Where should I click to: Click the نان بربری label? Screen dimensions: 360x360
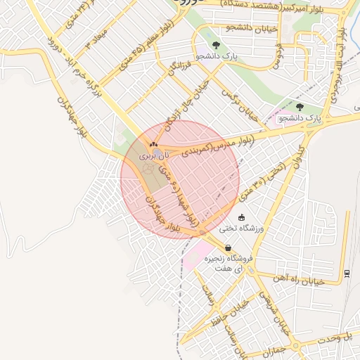pyautogui.click(x=150, y=155)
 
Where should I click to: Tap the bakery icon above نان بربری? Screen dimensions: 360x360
pyautogui.click(x=153, y=144)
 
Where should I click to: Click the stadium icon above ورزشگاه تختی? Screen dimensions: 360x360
pyautogui.click(x=242, y=217)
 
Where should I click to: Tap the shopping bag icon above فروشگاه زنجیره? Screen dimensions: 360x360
pyautogui.click(x=229, y=248)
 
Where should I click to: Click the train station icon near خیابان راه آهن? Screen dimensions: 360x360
pyautogui.click(x=347, y=273)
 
